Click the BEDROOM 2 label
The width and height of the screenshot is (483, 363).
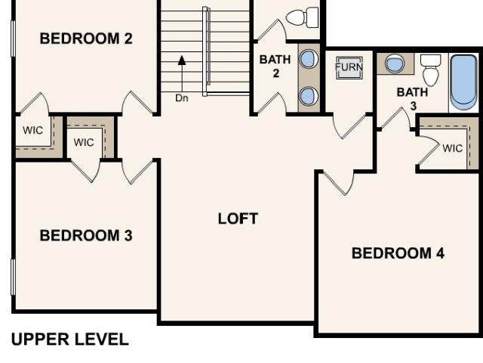[86, 39]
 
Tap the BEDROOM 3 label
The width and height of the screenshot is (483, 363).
[86, 235]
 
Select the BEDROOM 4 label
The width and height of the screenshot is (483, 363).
[398, 253]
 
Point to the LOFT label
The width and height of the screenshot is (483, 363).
[238, 219]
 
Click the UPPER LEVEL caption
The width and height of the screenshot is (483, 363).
[70, 340]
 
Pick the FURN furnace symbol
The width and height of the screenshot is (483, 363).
[349, 67]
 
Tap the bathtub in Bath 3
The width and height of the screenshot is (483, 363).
[463, 82]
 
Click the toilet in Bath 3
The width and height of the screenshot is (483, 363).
[431, 70]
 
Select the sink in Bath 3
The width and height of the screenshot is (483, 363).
[395, 64]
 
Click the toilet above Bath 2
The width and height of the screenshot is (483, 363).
[302, 17]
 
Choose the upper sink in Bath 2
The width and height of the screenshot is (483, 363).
[309, 59]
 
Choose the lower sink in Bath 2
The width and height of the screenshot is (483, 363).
[309, 96]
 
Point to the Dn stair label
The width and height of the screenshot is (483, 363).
[182, 98]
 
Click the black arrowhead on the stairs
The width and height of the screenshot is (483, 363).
[182, 60]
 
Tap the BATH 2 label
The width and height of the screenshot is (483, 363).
[275, 66]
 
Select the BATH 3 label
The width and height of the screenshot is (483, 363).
[413, 99]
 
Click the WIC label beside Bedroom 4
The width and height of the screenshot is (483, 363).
[453, 148]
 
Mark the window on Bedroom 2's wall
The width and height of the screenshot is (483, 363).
[13, 39]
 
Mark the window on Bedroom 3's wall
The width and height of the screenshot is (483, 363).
[13, 278]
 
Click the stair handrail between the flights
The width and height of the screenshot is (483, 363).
[206, 51]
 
